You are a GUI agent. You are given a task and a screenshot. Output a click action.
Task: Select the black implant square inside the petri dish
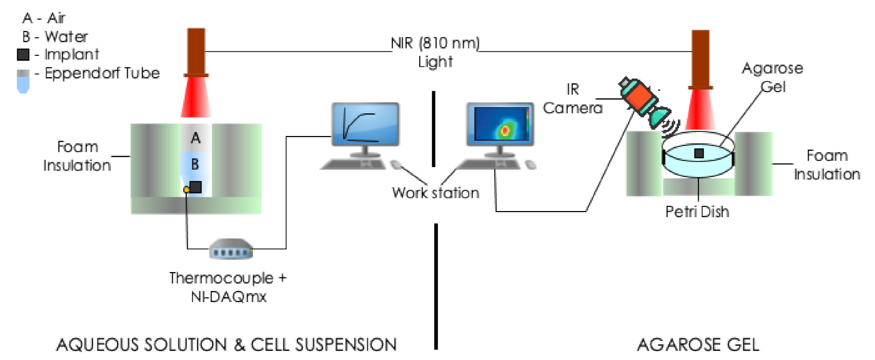point(699,153)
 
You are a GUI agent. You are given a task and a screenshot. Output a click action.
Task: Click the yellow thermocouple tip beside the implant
point(187,190)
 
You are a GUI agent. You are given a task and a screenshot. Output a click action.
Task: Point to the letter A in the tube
point(195,138)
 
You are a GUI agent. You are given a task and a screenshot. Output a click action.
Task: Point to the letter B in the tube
point(195,164)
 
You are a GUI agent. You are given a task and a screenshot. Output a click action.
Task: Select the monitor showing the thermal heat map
point(500,124)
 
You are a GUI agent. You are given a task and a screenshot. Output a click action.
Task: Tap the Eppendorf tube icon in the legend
point(23,81)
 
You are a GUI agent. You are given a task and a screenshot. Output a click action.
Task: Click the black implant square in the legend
point(23,54)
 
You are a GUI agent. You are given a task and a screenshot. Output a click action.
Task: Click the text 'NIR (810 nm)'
point(435,43)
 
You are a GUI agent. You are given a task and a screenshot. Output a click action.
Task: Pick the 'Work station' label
point(435,193)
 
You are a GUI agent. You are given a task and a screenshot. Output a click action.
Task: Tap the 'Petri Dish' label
point(697,212)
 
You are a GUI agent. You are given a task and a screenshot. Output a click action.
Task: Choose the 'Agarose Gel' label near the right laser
point(773,78)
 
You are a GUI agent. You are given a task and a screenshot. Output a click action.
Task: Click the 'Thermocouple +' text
point(228,278)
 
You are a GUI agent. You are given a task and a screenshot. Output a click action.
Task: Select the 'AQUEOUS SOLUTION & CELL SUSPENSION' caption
point(226,345)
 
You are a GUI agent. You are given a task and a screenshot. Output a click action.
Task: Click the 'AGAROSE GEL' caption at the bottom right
point(698,345)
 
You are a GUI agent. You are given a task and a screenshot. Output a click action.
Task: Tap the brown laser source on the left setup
point(196,52)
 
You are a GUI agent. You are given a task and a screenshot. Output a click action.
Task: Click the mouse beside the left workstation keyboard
point(396,164)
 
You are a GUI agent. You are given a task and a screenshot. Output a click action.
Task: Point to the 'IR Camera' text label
point(572,99)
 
